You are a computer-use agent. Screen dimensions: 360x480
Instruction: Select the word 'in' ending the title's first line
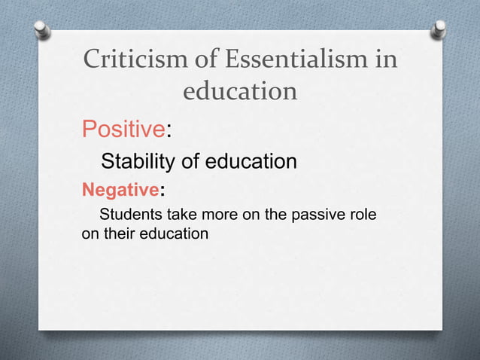384,59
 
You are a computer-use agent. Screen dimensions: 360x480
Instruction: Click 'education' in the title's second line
240,92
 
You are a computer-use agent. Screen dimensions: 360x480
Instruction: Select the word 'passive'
317,215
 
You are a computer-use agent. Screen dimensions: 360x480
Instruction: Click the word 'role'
361,215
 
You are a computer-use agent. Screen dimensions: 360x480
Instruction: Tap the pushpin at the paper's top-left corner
43,30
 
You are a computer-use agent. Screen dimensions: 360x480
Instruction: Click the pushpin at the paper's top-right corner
439,30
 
